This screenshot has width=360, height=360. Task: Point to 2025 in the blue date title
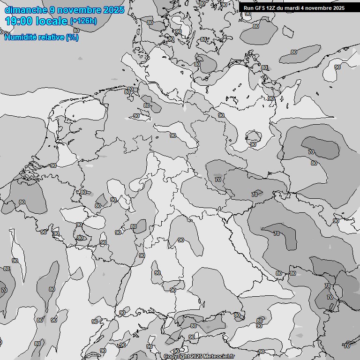113,10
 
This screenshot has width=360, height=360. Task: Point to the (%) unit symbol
72,37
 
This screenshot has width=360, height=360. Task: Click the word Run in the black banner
248,8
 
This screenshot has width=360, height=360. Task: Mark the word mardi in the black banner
294,8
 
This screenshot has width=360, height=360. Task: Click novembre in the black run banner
320,8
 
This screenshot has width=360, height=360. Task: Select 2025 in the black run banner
339,8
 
